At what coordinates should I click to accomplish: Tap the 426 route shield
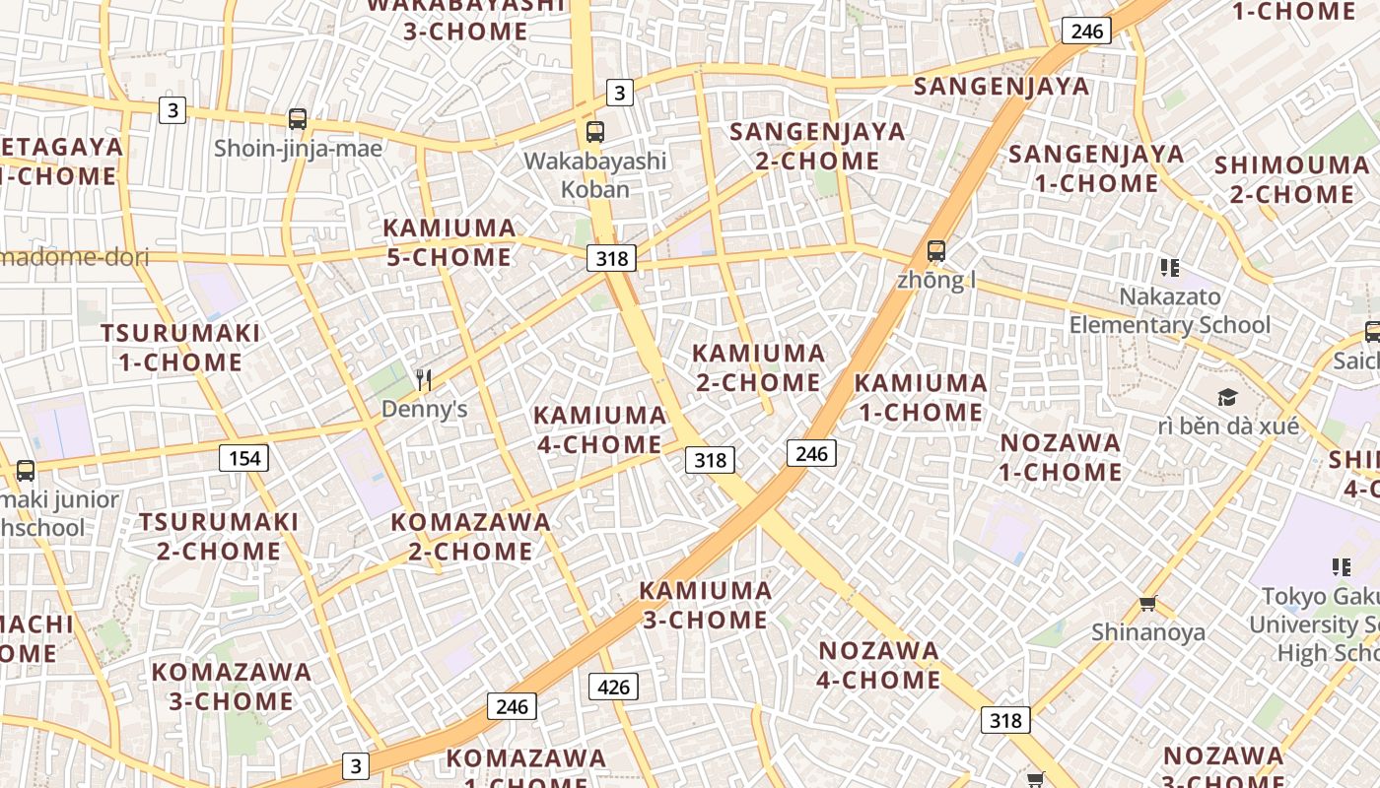(x=613, y=687)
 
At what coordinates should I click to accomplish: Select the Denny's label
(x=424, y=409)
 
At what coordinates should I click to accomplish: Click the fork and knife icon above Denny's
(x=424, y=379)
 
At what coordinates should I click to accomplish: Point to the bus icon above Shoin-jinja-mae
(x=298, y=119)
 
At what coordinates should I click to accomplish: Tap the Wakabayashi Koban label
(x=595, y=174)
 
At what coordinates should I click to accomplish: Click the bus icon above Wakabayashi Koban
(x=595, y=131)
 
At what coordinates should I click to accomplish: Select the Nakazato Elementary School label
(x=1170, y=310)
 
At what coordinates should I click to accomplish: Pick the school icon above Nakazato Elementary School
(x=1170, y=267)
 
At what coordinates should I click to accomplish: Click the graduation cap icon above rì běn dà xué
(x=1227, y=397)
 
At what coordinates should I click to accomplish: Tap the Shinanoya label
(x=1147, y=632)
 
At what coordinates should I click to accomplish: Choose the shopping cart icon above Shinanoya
(x=1147, y=603)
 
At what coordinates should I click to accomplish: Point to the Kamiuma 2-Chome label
(x=758, y=367)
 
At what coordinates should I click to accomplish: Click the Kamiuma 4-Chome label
(x=599, y=429)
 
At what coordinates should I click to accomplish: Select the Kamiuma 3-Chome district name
(x=705, y=605)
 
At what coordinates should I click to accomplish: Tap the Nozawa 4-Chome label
(x=879, y=665)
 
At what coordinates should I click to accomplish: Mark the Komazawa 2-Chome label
(x=471, y=536)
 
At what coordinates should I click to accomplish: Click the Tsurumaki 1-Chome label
(x=180, y=348)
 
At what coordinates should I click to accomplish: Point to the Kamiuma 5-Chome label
(x=449, y=242)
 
